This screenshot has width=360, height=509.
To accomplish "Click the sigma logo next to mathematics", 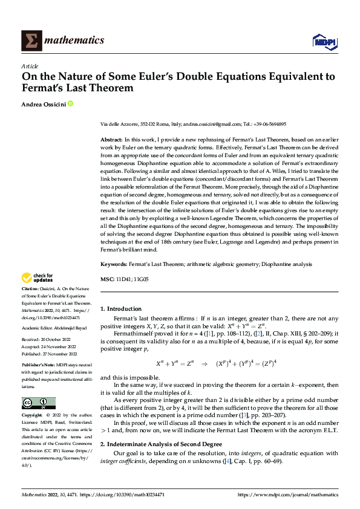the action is (30, 41).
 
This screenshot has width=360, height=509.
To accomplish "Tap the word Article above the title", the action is (29, 66).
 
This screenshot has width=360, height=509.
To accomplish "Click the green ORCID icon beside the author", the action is (70, 104).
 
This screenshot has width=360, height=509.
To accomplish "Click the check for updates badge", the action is (36, 279).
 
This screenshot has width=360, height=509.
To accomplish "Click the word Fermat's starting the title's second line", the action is (42, 88).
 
